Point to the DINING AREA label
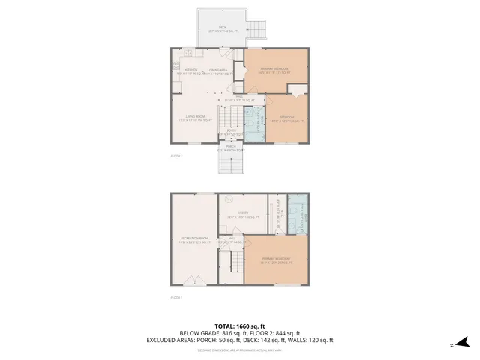[218, 70]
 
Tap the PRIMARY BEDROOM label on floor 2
[274, 69]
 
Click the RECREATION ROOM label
[193, 239]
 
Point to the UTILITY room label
[242, 215]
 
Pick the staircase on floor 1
[234, 262]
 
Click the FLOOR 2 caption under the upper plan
[176, 155]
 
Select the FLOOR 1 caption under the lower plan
[176, 297]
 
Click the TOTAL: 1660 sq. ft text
[239, 325]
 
